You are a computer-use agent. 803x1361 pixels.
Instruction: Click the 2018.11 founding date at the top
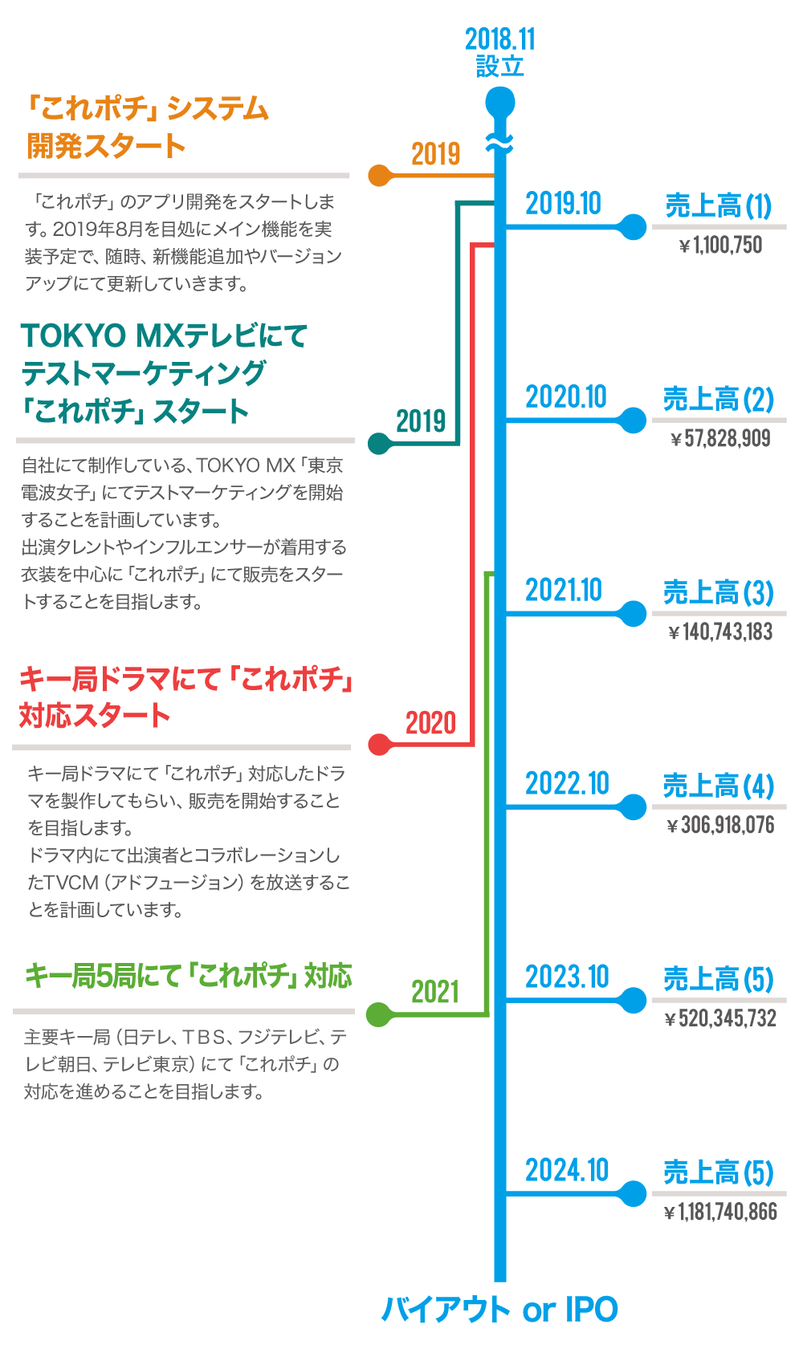tap(499, 39)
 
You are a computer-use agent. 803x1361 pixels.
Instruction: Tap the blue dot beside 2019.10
tap(634, 227)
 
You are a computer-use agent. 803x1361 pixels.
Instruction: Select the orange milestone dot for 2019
tap(379, 175)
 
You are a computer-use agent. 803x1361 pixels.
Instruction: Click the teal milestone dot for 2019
tap(379, 442)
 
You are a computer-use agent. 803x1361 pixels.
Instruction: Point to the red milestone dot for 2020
tap(379, 745)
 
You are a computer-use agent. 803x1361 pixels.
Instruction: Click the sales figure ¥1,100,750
tap(720, 246)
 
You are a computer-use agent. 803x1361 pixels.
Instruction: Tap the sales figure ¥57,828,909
tap(720, 439)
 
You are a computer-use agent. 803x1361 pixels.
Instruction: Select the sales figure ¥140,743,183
tap(720, 632)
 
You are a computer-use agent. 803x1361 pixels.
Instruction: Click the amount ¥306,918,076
tap(720, 826)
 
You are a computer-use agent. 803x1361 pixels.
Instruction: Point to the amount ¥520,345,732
tap(720, 1019)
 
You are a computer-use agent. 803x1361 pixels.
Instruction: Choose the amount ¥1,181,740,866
tap(720, 1213)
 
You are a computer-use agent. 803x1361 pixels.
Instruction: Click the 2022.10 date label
tap(567, 783)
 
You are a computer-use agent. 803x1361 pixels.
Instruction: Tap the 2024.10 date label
tap(567, 1170)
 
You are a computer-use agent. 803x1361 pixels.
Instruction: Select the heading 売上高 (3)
tap(718, 593)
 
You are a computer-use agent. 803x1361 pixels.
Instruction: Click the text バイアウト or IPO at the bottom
tap(499, 1310)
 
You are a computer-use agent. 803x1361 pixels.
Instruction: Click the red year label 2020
tap(430, 723)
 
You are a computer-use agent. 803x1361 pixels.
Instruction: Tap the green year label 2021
tap(435, 993)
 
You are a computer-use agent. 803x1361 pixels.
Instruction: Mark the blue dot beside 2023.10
tap(634, 1000)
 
